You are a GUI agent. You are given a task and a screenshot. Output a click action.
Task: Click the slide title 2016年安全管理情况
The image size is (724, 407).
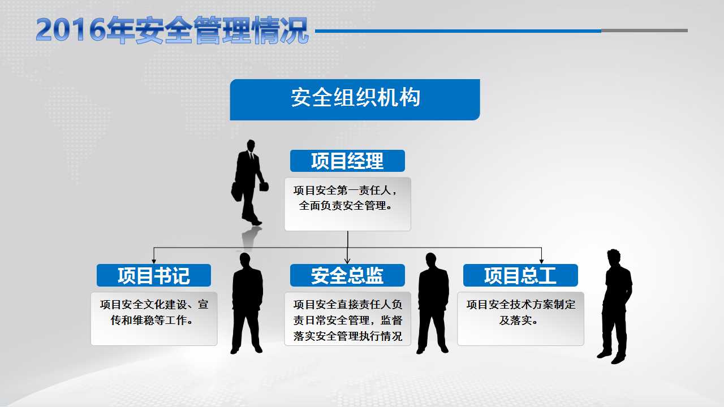pyautogui.click(x=172, y=31)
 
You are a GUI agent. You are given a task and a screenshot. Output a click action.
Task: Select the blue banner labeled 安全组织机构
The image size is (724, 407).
pyautogui.click(x=355, y=99)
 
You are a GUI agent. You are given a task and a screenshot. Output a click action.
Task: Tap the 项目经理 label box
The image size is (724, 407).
pyautogui.click(x=347, y=161)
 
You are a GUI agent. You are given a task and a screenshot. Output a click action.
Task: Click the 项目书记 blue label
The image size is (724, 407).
pyautogui.click(x=154, y=275)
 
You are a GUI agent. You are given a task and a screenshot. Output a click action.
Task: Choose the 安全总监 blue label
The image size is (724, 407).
pyautogui.click(x=347, y=275)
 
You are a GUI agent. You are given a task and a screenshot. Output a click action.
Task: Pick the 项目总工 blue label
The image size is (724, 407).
pyautogui.click(x=520, y=275)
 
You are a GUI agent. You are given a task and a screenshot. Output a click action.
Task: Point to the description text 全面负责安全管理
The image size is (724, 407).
pyautogui.click(x=345, y=205)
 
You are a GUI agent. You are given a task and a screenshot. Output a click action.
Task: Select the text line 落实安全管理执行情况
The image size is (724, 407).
pyautogui.click(x=348, y=336)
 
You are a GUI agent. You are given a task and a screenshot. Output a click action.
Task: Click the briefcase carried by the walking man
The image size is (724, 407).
pyautogui.click(x=236, y=192)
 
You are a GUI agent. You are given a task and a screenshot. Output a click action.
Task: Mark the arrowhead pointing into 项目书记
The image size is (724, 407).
pyautogui.click(x=154, y=261)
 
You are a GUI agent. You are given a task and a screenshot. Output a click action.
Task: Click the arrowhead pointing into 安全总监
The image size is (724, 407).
pyautogui.click(x=347, y=261)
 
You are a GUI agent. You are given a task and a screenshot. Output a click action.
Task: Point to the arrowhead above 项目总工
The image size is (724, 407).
pyautogui.click(x=541, y=261)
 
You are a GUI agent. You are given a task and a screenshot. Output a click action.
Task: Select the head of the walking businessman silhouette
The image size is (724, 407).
pyautogui.click(x=251, y=145)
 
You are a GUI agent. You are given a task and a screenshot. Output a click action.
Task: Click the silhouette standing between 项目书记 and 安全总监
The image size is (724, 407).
pyautogui.click(x=247, y=303)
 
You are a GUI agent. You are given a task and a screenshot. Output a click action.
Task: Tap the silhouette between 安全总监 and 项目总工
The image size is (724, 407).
pyautogui.click(x=433, y=303)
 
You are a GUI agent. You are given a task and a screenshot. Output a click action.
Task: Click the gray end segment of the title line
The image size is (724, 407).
pyautogui.click(x=644, y=31)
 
